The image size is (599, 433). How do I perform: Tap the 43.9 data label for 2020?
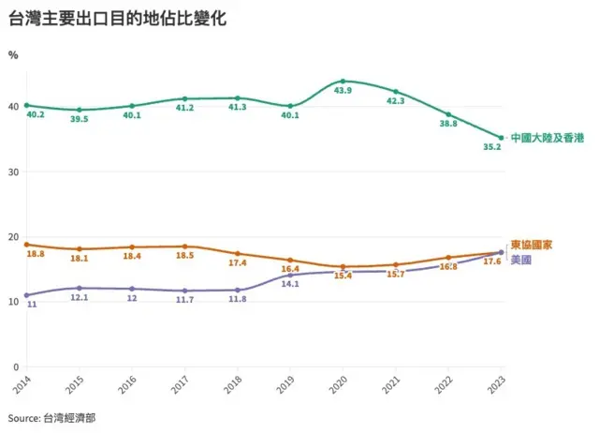(343, 91)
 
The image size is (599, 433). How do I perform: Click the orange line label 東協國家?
(532, 245)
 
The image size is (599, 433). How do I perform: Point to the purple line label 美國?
(521, 259)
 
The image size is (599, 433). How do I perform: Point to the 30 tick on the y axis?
(14, 172)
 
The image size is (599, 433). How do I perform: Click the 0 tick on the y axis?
(17, 366)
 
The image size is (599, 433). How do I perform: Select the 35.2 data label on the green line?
(490, 147)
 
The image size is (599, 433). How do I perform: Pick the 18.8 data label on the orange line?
(36, 254)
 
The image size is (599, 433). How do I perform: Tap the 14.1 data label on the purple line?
(289, 283)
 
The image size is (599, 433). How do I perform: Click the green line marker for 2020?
(343, 82)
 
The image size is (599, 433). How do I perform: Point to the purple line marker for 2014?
(26, 295)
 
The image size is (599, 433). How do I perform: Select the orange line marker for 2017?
(184, 246)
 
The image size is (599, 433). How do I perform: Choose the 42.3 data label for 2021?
(396, 101)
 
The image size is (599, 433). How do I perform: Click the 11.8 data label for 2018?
(237, 300)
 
